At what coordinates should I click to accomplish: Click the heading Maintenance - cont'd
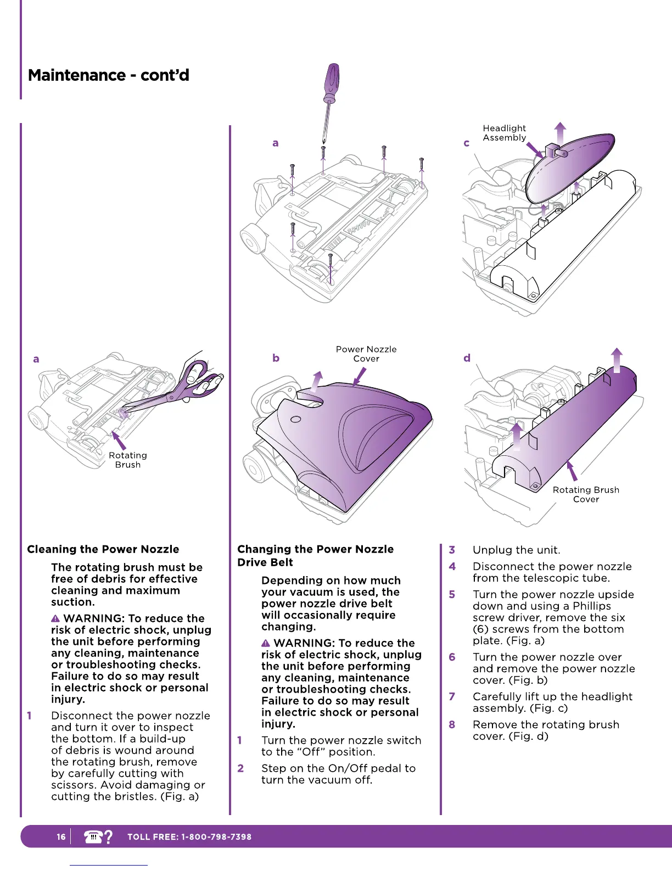(x=109, y=75)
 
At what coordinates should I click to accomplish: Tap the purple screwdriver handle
(x=332, y=82)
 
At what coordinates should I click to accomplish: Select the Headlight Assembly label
(x=504, y=133)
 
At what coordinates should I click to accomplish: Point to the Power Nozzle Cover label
(x=366, y=354)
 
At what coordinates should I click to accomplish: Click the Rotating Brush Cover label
(x=586, y=494)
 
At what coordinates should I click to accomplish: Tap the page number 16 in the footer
(x=61, y=837)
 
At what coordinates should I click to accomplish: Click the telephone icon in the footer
(x=94, y=837)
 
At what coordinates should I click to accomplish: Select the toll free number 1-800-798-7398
(x=216, y=837)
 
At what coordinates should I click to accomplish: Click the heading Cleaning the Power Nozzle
(x=103, y=549)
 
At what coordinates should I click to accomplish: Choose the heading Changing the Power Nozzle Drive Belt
(x=315, y=555)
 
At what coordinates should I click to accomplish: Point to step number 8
(x=452, y=724)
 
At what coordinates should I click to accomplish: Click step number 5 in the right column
(x=452, y=594)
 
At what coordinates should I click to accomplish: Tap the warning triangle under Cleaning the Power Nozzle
(x=55, y=619)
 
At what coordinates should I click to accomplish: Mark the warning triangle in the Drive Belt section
(x=266, y=643)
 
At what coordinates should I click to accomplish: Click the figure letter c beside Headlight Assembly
(x=467, y=143)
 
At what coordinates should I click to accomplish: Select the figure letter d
(x=467, y=358)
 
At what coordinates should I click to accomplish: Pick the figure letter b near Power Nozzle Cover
(x=276, y=358)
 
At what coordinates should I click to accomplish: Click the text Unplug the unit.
(x=516, y=550)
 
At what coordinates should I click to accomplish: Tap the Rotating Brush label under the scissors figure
(x=128, y=460)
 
